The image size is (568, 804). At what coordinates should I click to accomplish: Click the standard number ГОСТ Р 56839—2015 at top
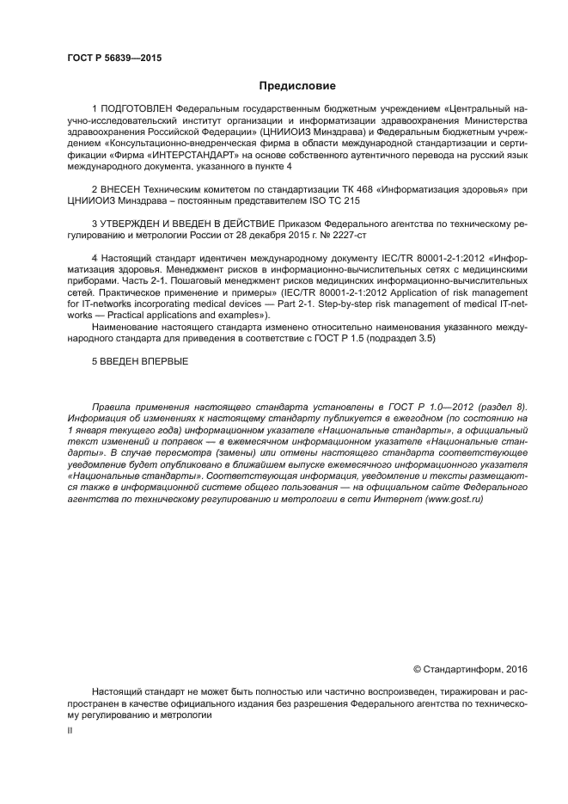[x=114, y=58]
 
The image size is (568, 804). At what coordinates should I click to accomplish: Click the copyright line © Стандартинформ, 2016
[x=471, y=668]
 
